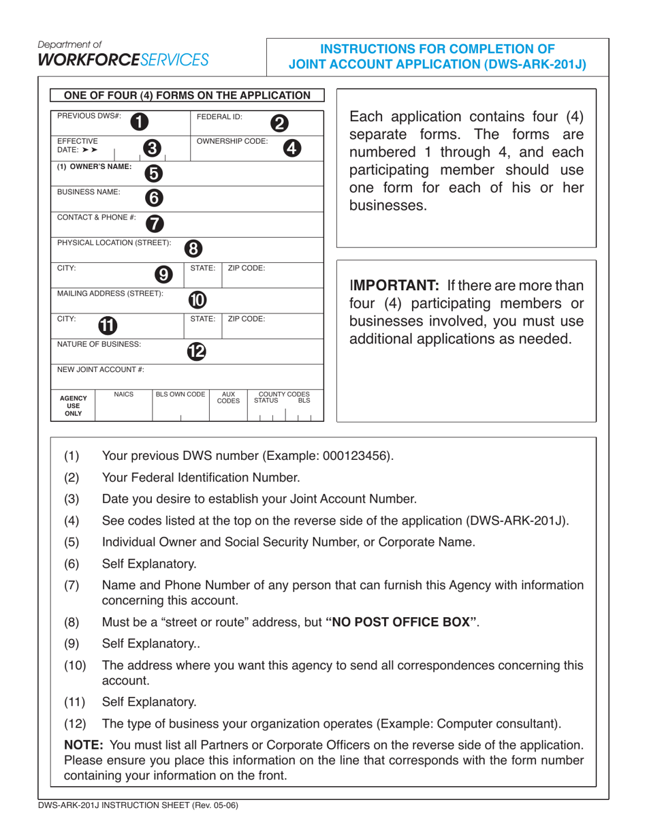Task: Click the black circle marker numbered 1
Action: [x=139, y=121]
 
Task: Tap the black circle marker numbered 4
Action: [x=291, y=148]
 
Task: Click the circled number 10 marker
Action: [x=197, y=299]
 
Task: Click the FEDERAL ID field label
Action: [x=215, y=117]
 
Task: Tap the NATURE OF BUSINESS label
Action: [x=99, y=344]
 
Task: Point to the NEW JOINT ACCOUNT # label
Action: [x=100, y=369]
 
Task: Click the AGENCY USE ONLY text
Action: [x=74, y=405]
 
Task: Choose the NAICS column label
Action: [x=123, y=394]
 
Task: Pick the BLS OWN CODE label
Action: [x=180, y=394]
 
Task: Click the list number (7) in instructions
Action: [x=72, y=586]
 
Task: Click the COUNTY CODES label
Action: [x=283, y=394]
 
